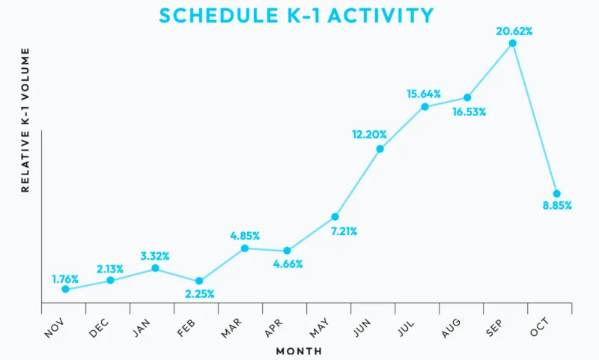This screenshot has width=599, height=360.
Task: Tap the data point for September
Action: click(x=512, y=43)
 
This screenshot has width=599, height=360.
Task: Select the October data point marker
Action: click(x=556, y=193)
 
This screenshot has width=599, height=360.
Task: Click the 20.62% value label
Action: click(x=514, y=31)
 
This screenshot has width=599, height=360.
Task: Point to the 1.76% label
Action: click(x=65, y=279)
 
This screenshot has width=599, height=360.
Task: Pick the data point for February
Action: click(x=199, y=281)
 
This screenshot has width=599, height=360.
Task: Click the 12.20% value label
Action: click(x=369, y=135)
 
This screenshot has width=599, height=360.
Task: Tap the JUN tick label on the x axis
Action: click(x=362, y=325)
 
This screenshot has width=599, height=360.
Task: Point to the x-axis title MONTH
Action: click(x=299, y=351)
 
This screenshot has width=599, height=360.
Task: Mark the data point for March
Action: click(x=244, y=248)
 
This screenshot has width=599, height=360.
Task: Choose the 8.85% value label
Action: click(x=556, y=206)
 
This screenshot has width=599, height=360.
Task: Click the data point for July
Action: click(x=425, y=106)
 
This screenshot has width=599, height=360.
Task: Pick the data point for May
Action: click(x=335, y=216)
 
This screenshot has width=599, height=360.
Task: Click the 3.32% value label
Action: click(x=156, y=255)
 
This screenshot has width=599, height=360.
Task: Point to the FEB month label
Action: click(x=186, y=326)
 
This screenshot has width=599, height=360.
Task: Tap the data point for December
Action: click(x=110, y=280)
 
